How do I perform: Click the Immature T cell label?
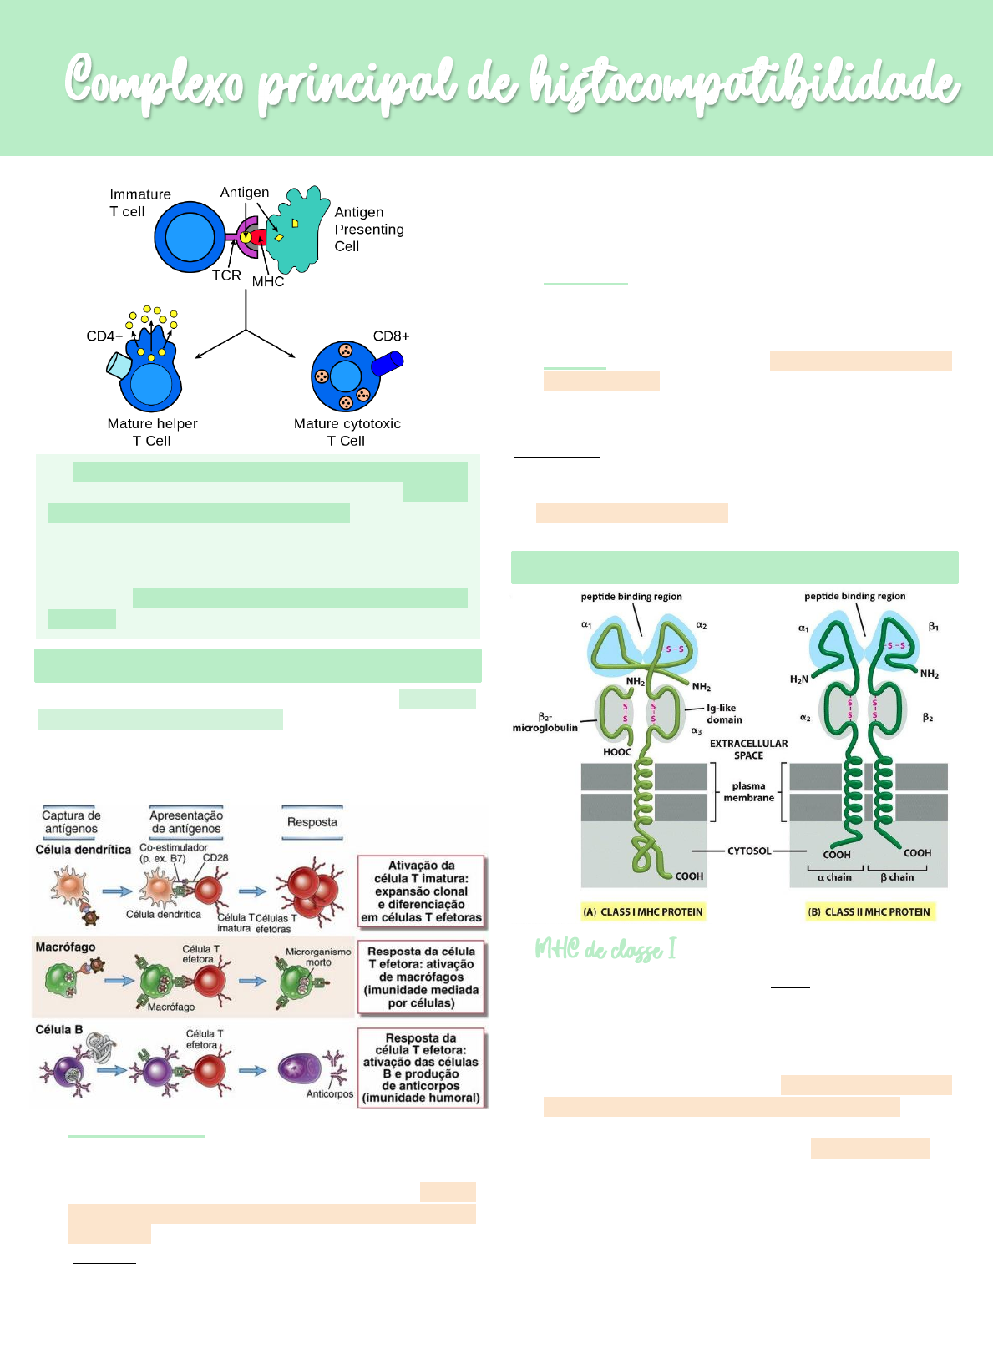(x=139, y=203)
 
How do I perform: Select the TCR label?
(x=226, y=275)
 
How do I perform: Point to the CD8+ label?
(x=391, y=336)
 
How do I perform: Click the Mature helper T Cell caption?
(x=152, y=432)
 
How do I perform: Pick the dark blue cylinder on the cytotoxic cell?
(x=388, y=364)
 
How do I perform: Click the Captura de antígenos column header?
(x=71, y=822)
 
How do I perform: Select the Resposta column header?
(x=312, y=822)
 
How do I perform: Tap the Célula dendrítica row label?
(x=83, y=850)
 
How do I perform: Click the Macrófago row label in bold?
(x=65, y=947)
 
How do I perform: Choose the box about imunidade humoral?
(x=421, y=1068)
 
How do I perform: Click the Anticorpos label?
(x=329, y=1093)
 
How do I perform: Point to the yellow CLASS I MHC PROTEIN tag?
(x=643, y=911)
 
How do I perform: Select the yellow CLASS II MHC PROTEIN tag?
(x=869, y=911)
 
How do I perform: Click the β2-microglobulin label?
(x=545, y=722)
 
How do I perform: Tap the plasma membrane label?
(x=748, y=791)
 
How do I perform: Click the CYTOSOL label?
(x=749, y=851)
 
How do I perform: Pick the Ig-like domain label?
(x=724, y=714)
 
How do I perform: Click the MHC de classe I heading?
(x=605, y=950)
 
